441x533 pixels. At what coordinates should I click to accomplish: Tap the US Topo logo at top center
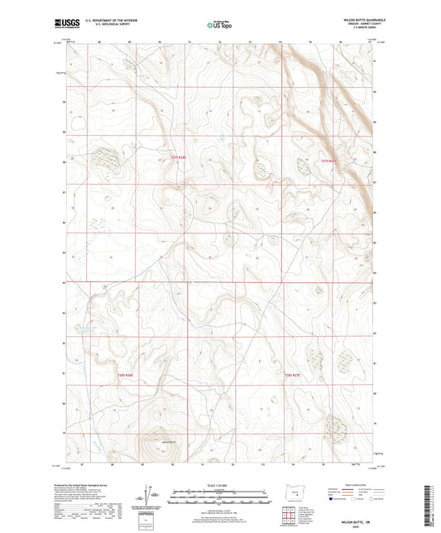click(x=219, y=26)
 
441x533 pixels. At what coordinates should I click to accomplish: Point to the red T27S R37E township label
click(x=331, y=161)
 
